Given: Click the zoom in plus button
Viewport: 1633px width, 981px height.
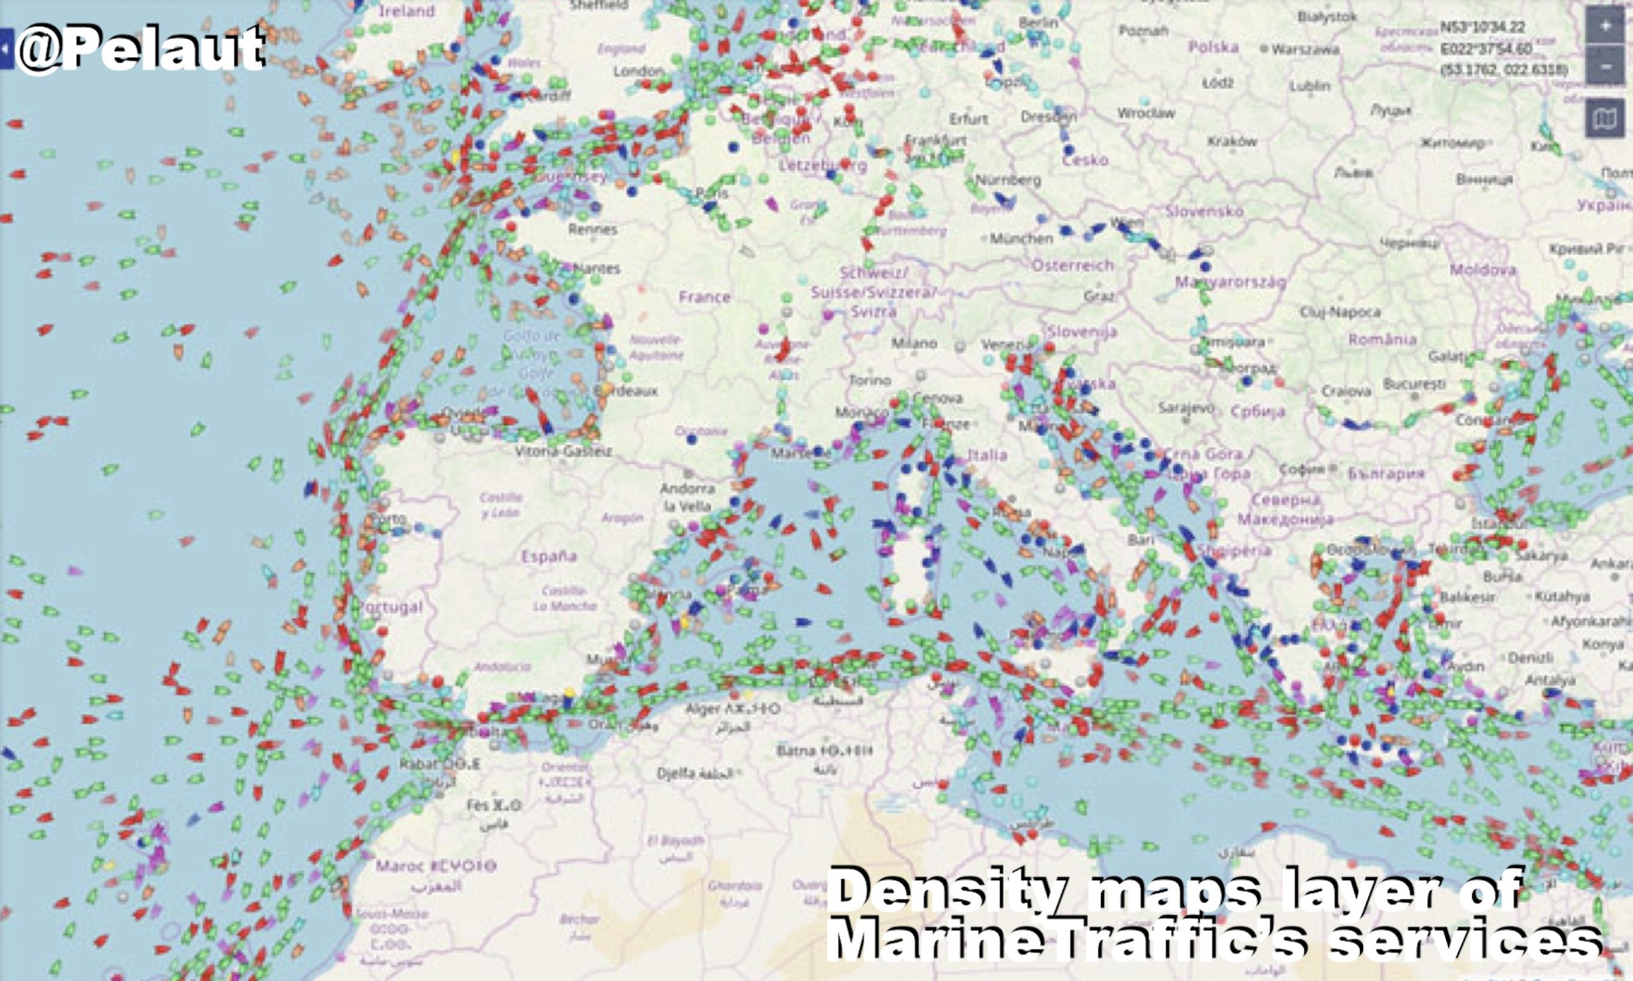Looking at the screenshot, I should (x=1604, y=26).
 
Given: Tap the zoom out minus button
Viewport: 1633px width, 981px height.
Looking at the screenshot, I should (x=1604, y=66).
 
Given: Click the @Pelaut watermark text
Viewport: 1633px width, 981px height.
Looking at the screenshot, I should (x=140, y=50).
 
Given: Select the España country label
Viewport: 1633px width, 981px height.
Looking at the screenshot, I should (x=549, y=556).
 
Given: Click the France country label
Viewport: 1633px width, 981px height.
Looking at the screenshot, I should (x=704, y=297).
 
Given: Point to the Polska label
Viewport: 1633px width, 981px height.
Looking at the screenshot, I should (x=1213, y=47).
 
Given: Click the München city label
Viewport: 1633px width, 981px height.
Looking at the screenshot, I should (x=1021, y=238).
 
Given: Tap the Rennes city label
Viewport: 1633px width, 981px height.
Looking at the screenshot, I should (x=593, y=229).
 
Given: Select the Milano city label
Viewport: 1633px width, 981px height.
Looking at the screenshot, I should (x=913, y=343).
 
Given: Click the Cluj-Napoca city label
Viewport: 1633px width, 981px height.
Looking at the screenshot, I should (x=1340, y=311).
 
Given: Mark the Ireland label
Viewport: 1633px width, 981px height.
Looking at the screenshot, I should (x=407, y=11).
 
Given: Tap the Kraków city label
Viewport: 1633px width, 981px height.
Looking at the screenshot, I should (x=1232, y=141).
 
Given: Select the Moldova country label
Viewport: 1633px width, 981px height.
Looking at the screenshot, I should (x=1483, y=269).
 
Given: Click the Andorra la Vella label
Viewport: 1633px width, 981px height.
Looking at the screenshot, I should (x=688, y=497).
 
